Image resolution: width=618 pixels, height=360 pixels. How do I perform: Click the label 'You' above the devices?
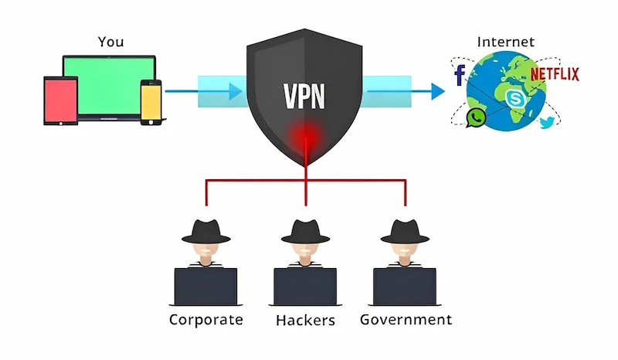[110, 42]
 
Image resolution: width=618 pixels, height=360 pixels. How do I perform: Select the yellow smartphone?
[151, 100]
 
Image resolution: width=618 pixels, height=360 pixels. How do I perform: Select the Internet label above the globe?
[507, 42]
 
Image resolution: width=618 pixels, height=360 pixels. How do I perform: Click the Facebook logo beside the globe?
[460, 75]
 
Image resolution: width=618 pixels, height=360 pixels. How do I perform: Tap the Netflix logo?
[554, 74]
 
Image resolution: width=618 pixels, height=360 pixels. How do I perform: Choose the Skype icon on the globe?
[514, 98]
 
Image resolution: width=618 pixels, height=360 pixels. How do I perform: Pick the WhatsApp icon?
[476, 117]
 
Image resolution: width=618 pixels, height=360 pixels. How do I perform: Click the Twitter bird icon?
[547, 121]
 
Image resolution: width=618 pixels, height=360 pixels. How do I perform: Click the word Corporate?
[205, 319]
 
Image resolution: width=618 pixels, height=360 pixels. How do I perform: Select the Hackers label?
[305, 319]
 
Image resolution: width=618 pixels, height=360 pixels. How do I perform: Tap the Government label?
[406, 319]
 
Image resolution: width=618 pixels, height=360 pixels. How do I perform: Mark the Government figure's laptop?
[405, 286]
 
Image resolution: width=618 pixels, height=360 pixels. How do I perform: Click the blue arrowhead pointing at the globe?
[438, 91]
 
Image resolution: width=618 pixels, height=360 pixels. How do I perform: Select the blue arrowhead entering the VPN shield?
[236, 91]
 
